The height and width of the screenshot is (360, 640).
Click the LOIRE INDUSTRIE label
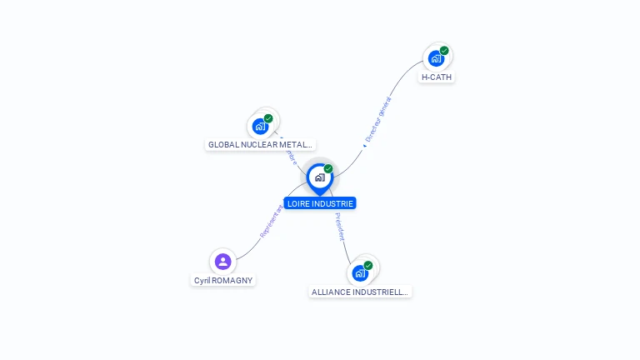click(x=320, y=203)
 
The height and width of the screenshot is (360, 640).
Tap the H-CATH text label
click(x=437, y=77)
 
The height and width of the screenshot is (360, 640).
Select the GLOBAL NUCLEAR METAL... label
click(x=260, y=144)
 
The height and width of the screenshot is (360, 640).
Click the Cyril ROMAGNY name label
click(x=223, y=281)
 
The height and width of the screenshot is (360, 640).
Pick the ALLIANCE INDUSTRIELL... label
click(x=360, y=292)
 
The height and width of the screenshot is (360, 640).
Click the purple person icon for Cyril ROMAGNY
click(x=222, y=262)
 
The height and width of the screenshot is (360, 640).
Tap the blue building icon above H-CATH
click(x=435, y=58)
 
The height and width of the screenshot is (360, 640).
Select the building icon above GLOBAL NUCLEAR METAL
click(x=260, y=127)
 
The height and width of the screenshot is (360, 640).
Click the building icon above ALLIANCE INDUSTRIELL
click(x=360, y=273)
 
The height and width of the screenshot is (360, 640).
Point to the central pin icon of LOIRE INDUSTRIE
click(x=319, y=177)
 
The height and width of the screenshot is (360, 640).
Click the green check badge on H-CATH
click(x=444, y=51)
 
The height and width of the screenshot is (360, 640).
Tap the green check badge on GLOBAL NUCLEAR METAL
click(x=268, y=118)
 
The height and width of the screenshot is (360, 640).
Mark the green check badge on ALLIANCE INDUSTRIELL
click(x=368, y=266)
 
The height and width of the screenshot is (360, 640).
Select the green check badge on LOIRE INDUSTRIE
click(x=328, y=169)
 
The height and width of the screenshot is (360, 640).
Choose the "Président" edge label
click(x=340, y=227)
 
